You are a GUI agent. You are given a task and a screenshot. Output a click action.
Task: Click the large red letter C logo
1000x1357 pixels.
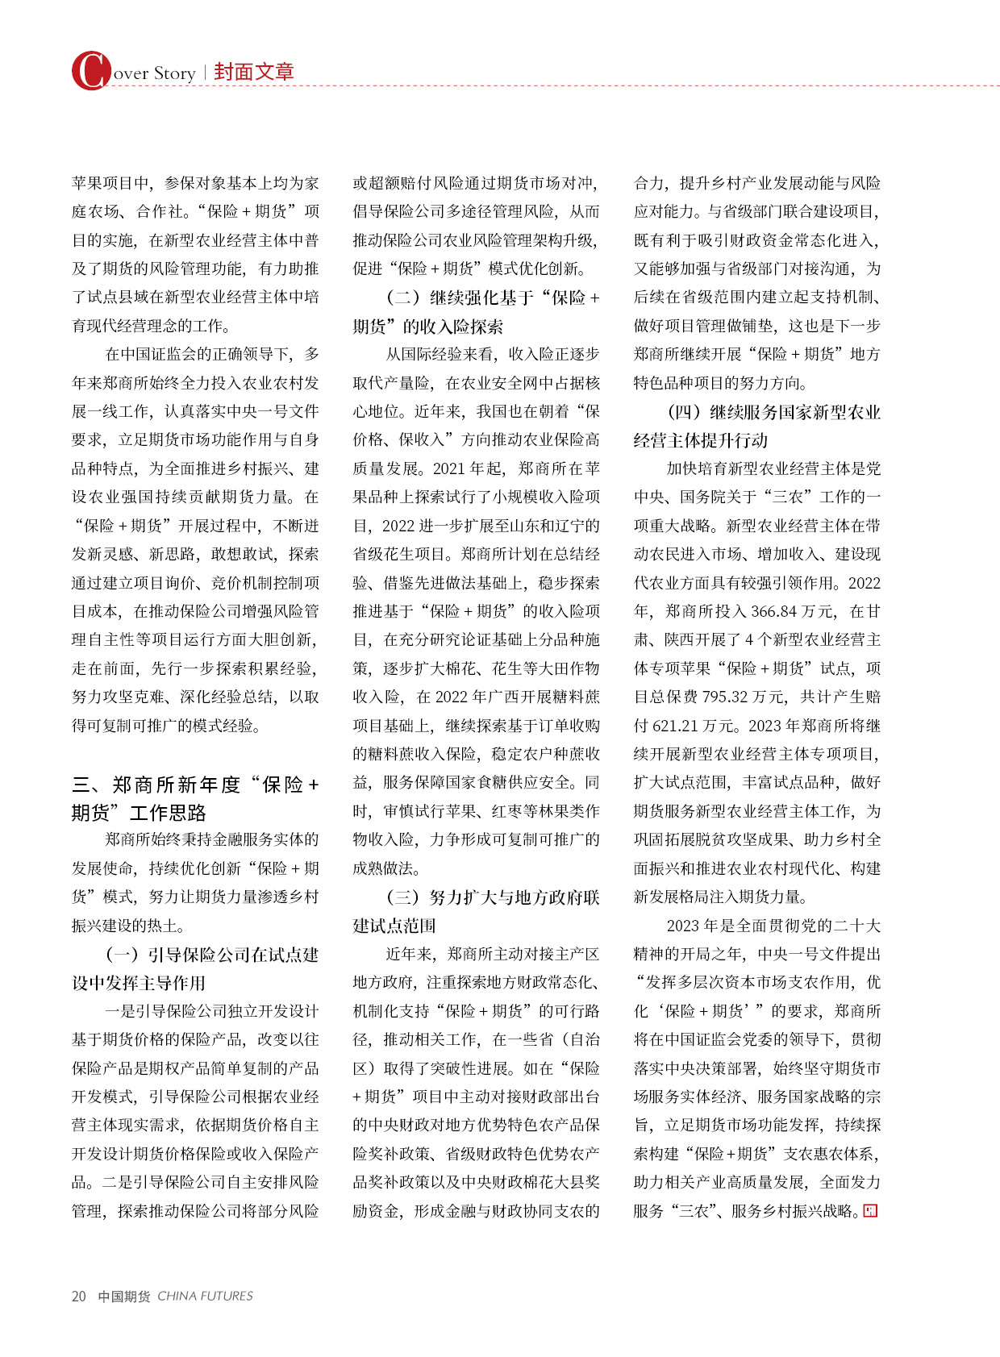(90, 71)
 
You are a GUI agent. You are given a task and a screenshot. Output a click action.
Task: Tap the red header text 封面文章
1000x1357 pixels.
(254, 72)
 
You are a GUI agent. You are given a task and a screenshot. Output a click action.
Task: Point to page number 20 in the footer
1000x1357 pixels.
(78, 1296)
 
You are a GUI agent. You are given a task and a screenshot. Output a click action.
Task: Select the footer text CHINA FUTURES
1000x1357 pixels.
(205, 1296)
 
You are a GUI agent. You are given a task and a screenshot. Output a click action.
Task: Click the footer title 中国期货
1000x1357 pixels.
(123, 1296)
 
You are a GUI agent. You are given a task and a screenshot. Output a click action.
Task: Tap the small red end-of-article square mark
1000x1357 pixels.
(870, 1211)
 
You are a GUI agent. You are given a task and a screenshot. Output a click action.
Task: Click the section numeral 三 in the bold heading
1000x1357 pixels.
(81, 785)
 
